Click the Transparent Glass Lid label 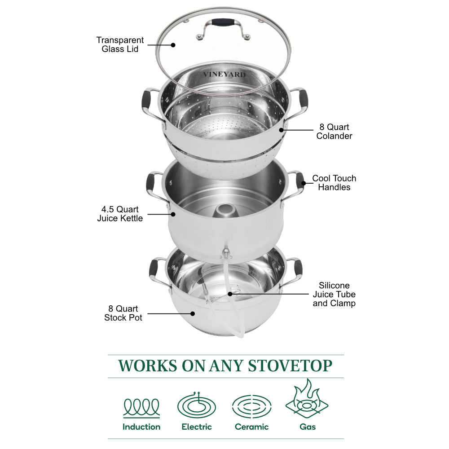pyautogui.click(x=120, y=44)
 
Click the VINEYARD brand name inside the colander pyautogui.click(x=224, y=75)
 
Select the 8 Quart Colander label pyautogui.click(x=334, y=132)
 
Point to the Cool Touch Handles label pyautogui.click(x=334, y=183)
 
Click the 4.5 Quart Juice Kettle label pyautogui.click(x=120, y=214)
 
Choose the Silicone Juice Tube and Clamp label pyautogui.click(x=334, y=294)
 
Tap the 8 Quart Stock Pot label pyautogui.click(x=123, y=313)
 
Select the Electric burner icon pyautogui.click(x=196, y=405)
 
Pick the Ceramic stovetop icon pyautogui.click(x=251, y=406)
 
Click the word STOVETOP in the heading pyautogui.click(x=290, y=365)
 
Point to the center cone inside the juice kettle pyautogui.click(x=224, y=211)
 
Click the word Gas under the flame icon pyautogui.click(x=308, y=427)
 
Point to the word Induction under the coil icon pyautogui.click(x=141, y=427)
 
